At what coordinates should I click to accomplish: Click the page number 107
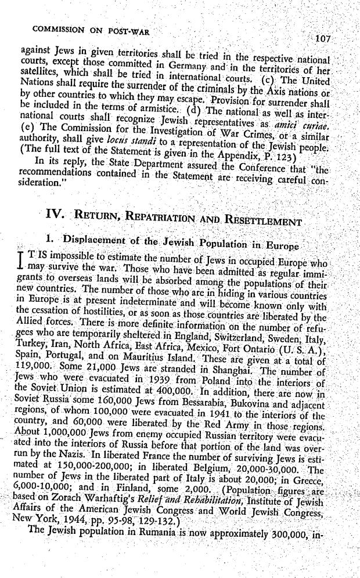(321, 39)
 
